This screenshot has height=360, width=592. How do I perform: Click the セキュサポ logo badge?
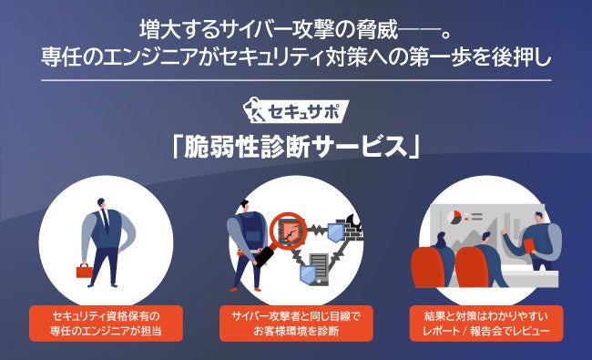(296, 111)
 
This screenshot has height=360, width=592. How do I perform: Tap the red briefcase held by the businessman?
(85, 271)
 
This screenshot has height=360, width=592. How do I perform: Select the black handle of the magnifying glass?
(264, 256)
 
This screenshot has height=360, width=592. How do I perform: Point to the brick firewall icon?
(349, 228)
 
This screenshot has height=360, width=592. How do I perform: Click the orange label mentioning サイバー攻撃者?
(296, 324)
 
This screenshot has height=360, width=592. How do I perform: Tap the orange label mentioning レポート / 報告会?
(486, 324)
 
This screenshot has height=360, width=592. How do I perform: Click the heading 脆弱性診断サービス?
(296, 147)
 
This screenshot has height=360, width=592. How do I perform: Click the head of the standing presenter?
(538, 218)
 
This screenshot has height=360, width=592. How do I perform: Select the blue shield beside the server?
(308, 273)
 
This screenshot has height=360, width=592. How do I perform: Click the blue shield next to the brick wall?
(335, 232)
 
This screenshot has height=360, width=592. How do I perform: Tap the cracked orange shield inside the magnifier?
(289, 231)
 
